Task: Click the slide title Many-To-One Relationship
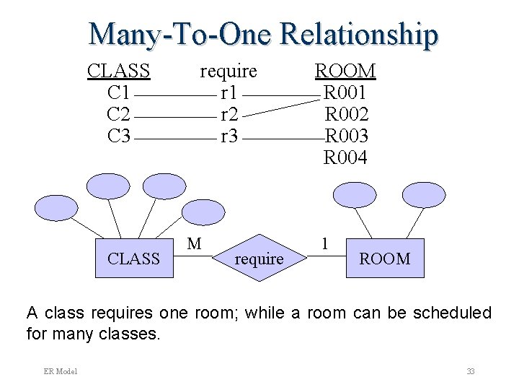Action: tap(263, 34)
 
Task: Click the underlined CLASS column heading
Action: tap(118, 71)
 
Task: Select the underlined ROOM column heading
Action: tap(345, 71)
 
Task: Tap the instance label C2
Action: tap(118, 114)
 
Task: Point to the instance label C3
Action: tap(118, 135)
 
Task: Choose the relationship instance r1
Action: tap(229, 92)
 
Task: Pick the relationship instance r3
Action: tap(229, 135)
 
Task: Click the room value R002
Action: tap(346, 114)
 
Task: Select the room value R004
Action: tap(346, 157)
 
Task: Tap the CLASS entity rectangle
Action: tap(133, 258)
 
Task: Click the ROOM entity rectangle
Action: tap(384, 258)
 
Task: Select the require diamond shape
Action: tap(259, 258)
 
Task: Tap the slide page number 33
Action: tap(470, 371)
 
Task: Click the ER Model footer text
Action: tap(61, 371)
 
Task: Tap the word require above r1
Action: tap(228, 71)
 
